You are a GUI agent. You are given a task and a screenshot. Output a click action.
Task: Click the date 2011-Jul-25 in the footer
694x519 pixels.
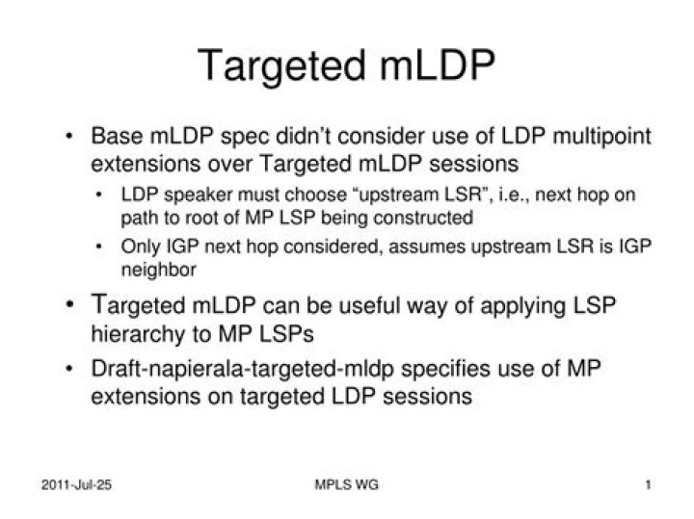coord(77,484)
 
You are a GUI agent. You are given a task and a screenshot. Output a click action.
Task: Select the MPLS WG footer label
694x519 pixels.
coord(347,484)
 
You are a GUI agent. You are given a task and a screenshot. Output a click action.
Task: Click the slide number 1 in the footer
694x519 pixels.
coord(649,484)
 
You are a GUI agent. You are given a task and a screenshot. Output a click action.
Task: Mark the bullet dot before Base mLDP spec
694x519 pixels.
coord(72,136)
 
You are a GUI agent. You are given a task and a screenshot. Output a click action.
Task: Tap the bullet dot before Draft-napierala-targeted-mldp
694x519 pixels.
coord(72,370)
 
